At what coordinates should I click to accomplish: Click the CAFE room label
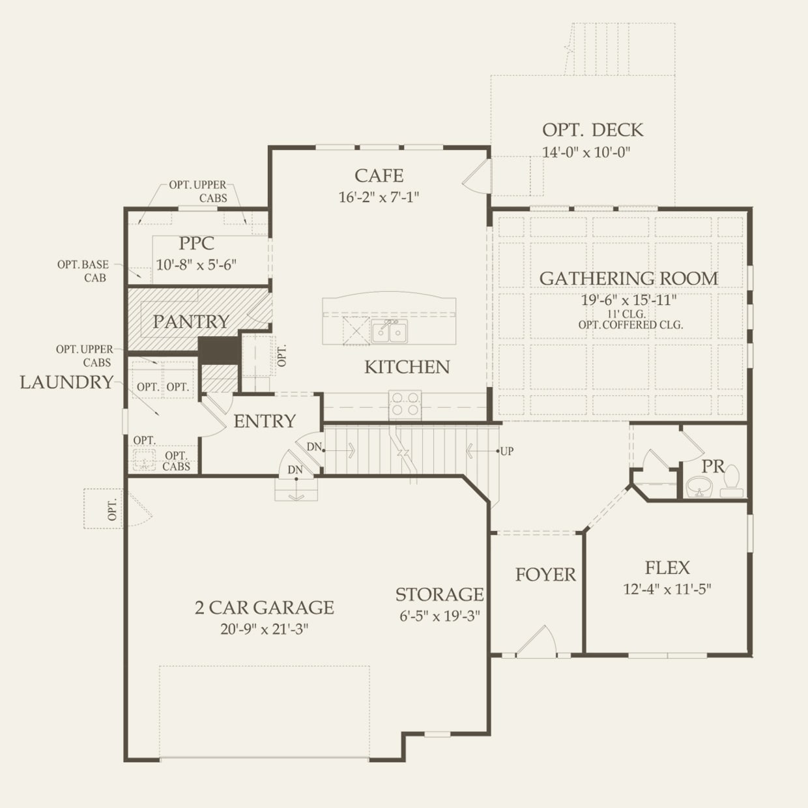tap(379, 176)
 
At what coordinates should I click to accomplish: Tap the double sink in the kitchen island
tap(389, 332)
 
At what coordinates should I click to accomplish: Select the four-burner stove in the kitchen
tap(405, 404)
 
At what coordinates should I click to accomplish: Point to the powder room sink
tap(699, 487)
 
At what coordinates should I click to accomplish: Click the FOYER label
tap(545, 575)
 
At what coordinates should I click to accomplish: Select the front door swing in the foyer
tap(537, 641)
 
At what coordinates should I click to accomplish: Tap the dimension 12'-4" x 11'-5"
tap(667, 589)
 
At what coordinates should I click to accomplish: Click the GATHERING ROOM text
tap(629, 278)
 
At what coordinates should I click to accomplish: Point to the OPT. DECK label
tap(592, 130)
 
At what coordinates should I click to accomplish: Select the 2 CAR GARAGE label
tap(264, 607)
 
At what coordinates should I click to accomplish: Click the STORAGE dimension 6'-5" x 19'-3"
tap(439, 616)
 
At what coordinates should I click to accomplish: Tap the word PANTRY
tap(191, 322)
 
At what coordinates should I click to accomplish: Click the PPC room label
tap(196, 243)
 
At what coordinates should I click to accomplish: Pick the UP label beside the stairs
tap(507, 452)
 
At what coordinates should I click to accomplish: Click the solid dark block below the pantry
tap(220, 351)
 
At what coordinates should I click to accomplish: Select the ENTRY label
tap(265, 422)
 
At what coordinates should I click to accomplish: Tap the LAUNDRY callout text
tap(66, 382)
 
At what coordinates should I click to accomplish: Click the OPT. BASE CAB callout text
tap(83, 271)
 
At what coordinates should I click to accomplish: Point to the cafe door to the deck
tap(477, 176)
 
